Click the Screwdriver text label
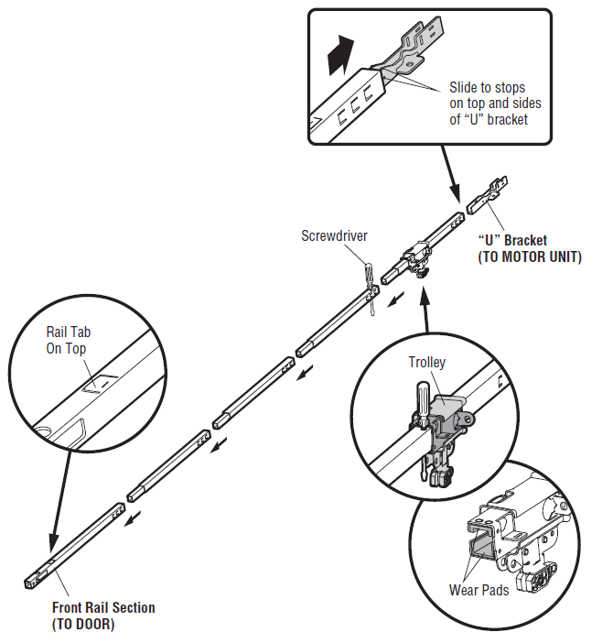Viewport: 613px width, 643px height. [334, 235]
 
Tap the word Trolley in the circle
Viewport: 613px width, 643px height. [426, 362]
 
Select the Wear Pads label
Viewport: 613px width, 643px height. [479, 590]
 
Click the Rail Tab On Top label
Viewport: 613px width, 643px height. [70, 339]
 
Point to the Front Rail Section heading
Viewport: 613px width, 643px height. [103, 607]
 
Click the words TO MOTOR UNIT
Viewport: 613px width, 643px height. [530, 257]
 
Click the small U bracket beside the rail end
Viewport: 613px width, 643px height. [487, 196]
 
